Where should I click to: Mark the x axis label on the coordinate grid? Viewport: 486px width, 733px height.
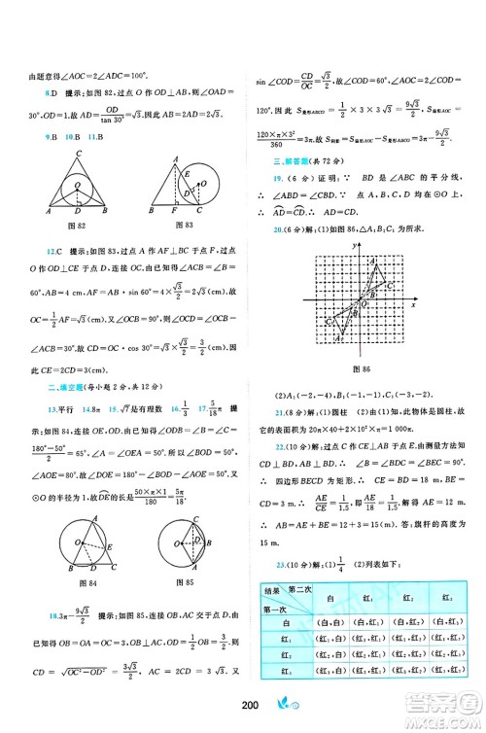pyautogui.click(x=414, y=305)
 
